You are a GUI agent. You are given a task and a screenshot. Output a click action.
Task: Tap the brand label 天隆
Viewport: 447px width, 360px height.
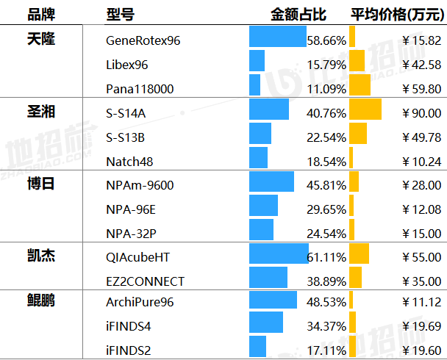coord(41,40)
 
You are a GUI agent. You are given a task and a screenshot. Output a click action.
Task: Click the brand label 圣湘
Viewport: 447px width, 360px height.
coord(41,112)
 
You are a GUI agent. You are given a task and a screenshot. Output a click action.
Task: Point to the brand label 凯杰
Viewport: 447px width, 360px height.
coord(41,256)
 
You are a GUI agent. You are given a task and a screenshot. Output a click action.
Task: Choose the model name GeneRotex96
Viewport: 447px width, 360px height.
coord(143,40)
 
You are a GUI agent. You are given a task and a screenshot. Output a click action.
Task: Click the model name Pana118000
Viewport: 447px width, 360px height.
coord(140,89)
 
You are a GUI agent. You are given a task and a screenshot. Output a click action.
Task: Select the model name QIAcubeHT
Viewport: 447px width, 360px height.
coord(137,257)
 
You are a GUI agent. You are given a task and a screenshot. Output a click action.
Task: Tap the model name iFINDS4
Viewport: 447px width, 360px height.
coord(129,325)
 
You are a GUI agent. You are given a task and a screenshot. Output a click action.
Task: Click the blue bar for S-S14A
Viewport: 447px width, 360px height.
coord(269,109)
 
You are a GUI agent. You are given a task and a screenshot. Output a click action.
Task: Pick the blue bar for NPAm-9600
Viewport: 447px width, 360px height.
coord(271,181)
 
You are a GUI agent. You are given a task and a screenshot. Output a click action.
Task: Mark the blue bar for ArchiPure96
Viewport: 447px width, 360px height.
coord(273,301)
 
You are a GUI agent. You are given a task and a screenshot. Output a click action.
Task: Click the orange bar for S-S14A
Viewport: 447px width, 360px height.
coord(365,109)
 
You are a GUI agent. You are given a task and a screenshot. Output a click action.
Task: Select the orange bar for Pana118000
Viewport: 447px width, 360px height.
coord(360,85)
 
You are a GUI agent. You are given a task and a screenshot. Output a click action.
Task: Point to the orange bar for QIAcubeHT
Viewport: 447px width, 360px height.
coord(359,253)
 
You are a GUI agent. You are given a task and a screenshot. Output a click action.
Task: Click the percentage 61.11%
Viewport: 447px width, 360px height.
coord(327,258)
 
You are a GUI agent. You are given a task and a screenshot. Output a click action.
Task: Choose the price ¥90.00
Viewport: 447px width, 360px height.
coord(422,113)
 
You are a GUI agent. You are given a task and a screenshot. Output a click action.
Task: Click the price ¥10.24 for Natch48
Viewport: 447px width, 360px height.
coord(422,162)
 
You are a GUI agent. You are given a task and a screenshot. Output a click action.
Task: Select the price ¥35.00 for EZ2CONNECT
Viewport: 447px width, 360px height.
coord(422,281)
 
